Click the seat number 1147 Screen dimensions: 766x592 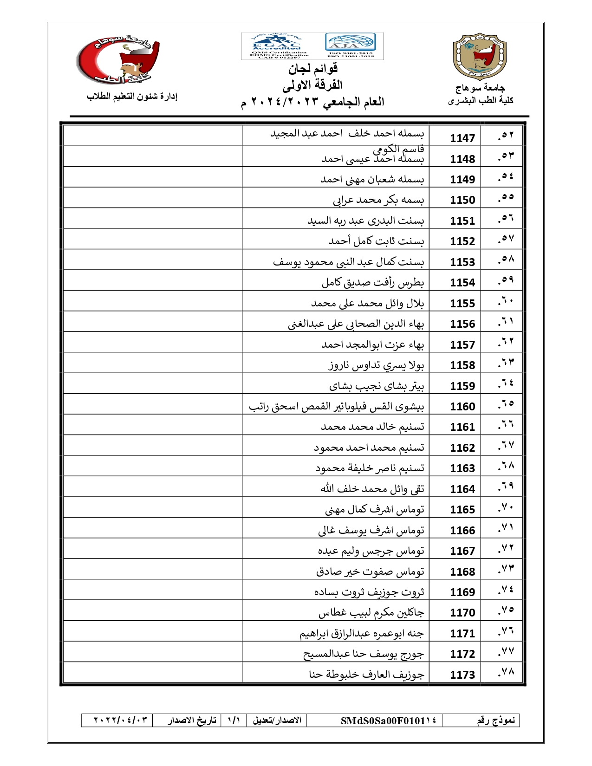click(462, 138)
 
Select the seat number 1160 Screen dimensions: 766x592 click(462, 406)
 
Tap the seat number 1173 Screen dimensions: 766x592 click(462, 675)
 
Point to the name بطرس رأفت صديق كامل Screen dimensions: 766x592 click(373, 282)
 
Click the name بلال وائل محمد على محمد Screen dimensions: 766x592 click(367, 303)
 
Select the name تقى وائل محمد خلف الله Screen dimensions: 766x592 click(372, 488)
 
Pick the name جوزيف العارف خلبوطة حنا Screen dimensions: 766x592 click(367, 674)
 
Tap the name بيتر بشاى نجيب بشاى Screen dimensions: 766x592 click(377, 386)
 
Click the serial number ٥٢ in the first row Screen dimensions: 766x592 click(506, 136)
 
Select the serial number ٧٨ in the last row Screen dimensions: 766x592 click(506, 673)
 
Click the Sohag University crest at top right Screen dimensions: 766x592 click(480, 57)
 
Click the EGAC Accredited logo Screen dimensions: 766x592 click(276, 46)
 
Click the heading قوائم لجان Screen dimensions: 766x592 click(313, 69)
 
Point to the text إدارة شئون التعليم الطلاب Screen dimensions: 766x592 click(132, 97)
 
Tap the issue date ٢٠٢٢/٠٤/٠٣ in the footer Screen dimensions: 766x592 click(121, 720)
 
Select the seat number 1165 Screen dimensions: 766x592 click(462, 509)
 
